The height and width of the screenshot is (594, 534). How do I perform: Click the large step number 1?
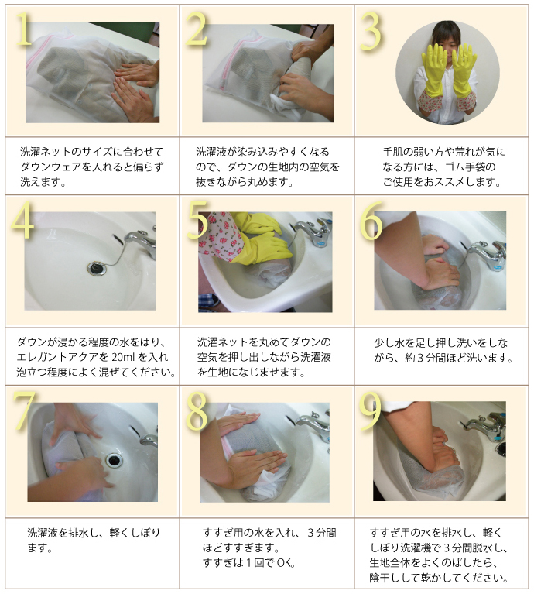pyautogui.click(x=24, y=29)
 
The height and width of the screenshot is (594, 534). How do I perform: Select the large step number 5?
pyautogui.click(x=197, y=220)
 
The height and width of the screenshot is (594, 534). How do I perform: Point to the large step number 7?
pyautogui.click(x=24, y=410)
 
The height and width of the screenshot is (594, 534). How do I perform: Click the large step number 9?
pyautogui.click(x=370, y=410)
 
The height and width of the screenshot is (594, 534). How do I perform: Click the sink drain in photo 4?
pyautogui.click(x=97, y=268)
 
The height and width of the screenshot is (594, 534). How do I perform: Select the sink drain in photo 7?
pyautogui.click(x=114, y=459)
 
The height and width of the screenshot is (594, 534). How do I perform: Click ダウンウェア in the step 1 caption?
pyautogui.click(x=50, y=167)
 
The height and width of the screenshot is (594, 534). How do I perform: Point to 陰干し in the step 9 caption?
pyautogui.click(x=385, y=578)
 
